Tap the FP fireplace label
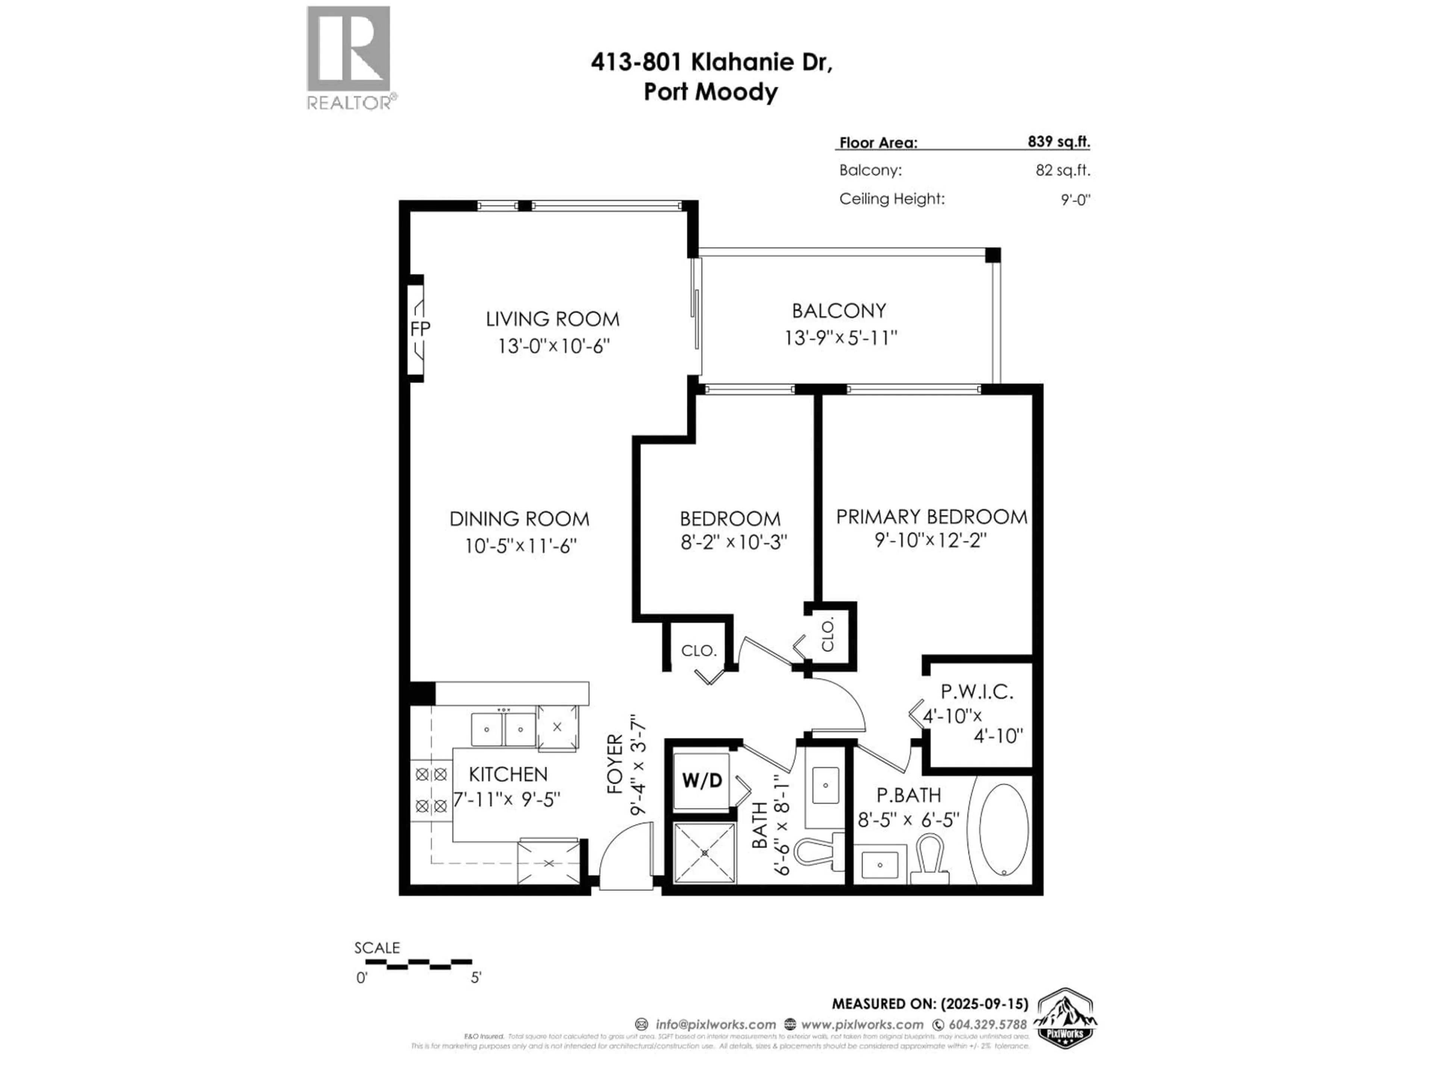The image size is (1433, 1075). point(420,328)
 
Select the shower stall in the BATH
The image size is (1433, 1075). point(705,853)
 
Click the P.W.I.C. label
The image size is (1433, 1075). point(976,692)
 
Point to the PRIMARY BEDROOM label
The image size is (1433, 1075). point(931,517)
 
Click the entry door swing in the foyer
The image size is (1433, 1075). point(625,856)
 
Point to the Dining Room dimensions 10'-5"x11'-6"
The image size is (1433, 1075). point(520,546)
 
